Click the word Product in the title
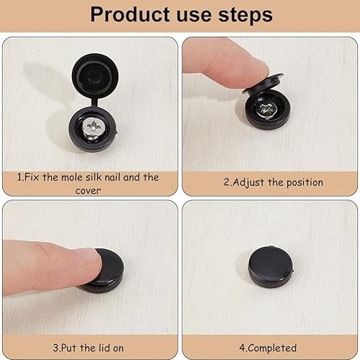[x=130, y=15]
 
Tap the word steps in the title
[x=246, y=16]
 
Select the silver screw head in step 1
[x=94, y=128]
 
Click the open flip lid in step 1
[x=95, y=75]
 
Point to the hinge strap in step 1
[x=95, y=102]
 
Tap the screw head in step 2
[x=266, y=109]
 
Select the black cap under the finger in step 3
[x=107, y=271]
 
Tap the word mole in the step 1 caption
[x=72, y=178]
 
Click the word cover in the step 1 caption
[x=88, y=191]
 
